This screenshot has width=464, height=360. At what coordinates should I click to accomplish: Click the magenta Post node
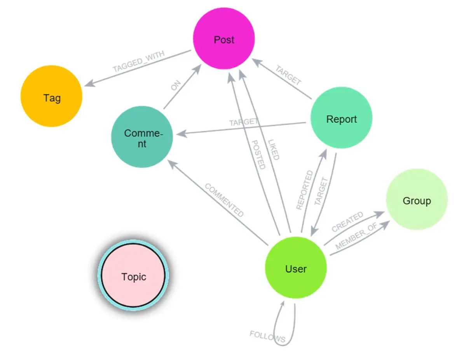coord(224,39)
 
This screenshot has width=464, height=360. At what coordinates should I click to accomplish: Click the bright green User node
coord(296,268)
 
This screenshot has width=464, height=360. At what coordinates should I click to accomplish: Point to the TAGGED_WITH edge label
coord(139,61)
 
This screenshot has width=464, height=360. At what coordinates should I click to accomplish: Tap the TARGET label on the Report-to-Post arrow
coord(289,75)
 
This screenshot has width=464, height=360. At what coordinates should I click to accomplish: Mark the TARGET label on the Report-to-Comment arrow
coord(244,122)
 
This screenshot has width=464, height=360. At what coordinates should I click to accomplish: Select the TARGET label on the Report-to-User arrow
coord(322,191)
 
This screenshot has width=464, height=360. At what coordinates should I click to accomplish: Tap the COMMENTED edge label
coord(224,200)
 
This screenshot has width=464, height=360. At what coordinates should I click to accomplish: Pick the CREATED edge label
coord(347,222)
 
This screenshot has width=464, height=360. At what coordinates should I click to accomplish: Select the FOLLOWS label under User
coord(267,336)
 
